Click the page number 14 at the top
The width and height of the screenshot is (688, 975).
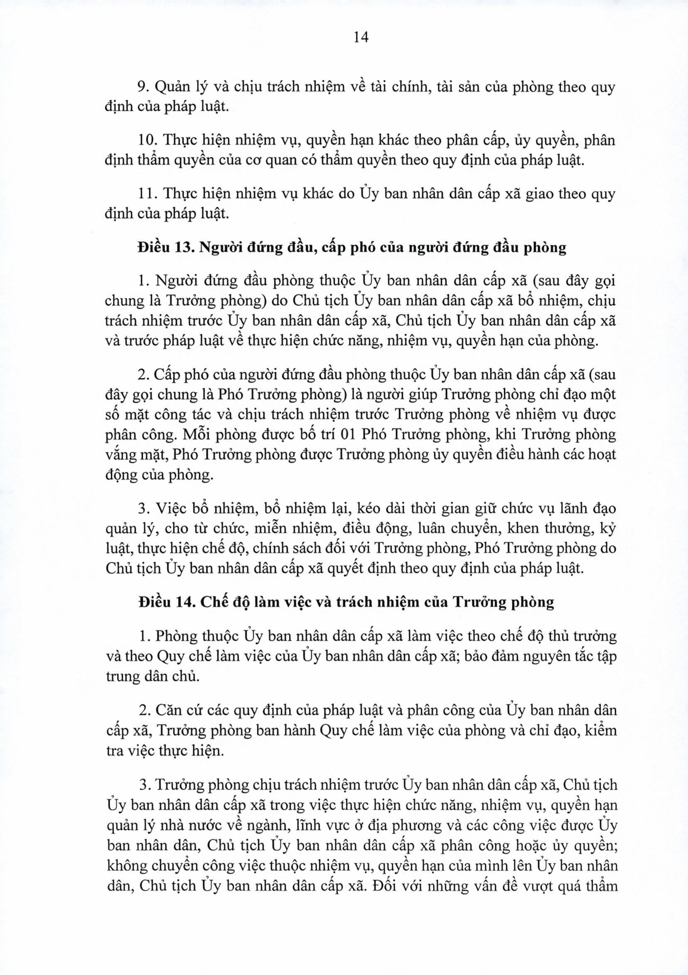click(361, 38)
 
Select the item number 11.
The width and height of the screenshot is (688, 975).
click(147, 194)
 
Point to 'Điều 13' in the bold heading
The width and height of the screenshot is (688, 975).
click(165, 248)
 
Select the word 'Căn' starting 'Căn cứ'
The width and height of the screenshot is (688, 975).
click(167, 709)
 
